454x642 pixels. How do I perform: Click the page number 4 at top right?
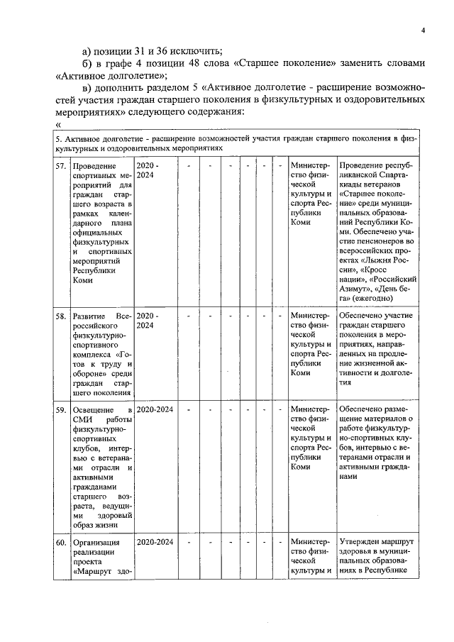[422, 31]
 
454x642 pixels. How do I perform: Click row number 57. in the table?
[62, 165]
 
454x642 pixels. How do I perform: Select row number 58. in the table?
[62, 315]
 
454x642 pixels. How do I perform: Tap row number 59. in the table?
[62, 409]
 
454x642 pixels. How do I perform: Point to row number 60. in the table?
[62, 543]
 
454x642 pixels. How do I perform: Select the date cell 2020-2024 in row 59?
[155, 409]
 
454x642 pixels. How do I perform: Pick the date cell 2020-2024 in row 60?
[155, 543]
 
